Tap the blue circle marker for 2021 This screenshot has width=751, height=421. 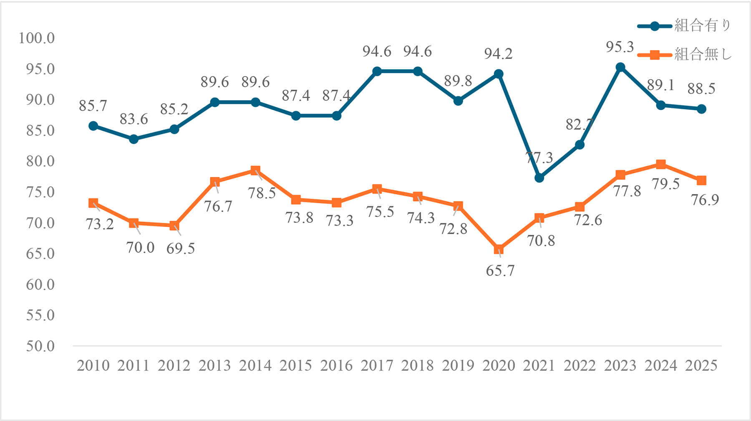(539, 178)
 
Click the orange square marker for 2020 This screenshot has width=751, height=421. (499, 249)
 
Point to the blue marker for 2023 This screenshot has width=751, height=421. (620, 67)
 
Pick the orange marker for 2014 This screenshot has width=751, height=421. (255, 170)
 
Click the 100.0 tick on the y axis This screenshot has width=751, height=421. (37, 38)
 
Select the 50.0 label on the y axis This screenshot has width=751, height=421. (40, 346)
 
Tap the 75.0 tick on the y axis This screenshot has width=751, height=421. (40, 192)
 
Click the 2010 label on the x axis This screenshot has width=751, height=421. (93, 366)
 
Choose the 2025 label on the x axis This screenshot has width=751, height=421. (701, 366)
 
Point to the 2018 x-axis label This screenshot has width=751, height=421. (417, 366)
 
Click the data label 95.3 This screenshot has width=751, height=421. (620, 47)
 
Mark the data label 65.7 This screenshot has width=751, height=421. (500, 271)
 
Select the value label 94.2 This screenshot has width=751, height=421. (498, 54)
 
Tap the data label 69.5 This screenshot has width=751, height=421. (180, 249)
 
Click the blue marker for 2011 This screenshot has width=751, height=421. (134, 139)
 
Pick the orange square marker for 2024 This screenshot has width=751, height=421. (661, 164)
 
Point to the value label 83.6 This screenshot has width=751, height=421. (134, 119)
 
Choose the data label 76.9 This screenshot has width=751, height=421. (705, 200)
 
